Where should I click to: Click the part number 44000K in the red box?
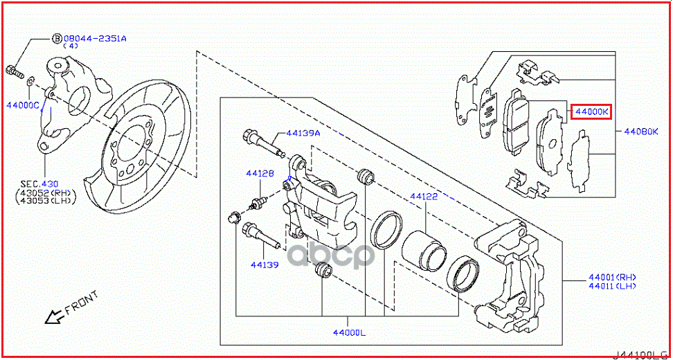pyautogui.click(x=590, y=111)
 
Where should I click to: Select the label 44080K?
pyautogui.click(x=641, y=131)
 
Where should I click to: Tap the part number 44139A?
pyautogui.click(x=304, y=134)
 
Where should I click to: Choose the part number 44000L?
pyautogui.click(x=348, y=332)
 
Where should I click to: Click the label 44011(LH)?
pyautogui.click(x=612, y=286)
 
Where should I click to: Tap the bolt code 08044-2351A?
pyautogui.click(x=96, y=39)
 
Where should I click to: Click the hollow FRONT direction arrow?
pyautogui.click(x=52, y=317)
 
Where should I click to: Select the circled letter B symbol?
pyautogui.click(x=57, y=39)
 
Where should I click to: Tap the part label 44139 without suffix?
pyautogui.click(x=264, y=264)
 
